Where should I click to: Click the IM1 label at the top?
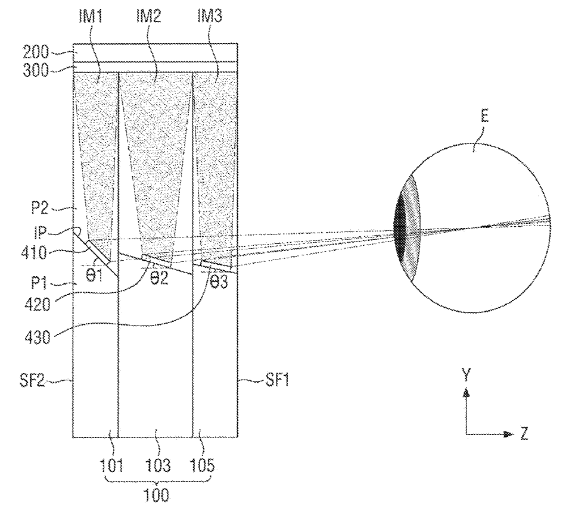point(91,15)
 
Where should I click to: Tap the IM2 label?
point(149,15)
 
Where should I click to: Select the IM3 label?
point(210,15)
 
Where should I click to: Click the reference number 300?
point(36,70)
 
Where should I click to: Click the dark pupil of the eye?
point(399,232)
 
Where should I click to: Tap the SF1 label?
point(277,380)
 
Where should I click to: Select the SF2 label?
point(32,380)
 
